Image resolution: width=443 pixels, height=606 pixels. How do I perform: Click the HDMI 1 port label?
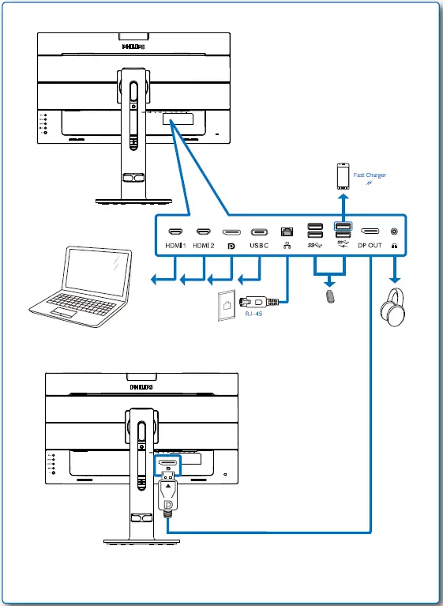175,246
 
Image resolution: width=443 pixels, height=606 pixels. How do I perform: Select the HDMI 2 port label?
203,246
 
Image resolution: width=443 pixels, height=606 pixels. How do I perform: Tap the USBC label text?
260,246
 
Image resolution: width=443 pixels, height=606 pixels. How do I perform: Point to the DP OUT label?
369,246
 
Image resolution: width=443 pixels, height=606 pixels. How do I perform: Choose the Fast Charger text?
370,175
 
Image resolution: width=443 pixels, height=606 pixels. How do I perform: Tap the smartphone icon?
343,176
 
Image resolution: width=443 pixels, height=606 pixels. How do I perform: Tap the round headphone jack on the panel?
393,231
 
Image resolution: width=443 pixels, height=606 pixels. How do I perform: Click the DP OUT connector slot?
369,231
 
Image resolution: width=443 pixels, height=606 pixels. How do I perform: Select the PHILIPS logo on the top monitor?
133,47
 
